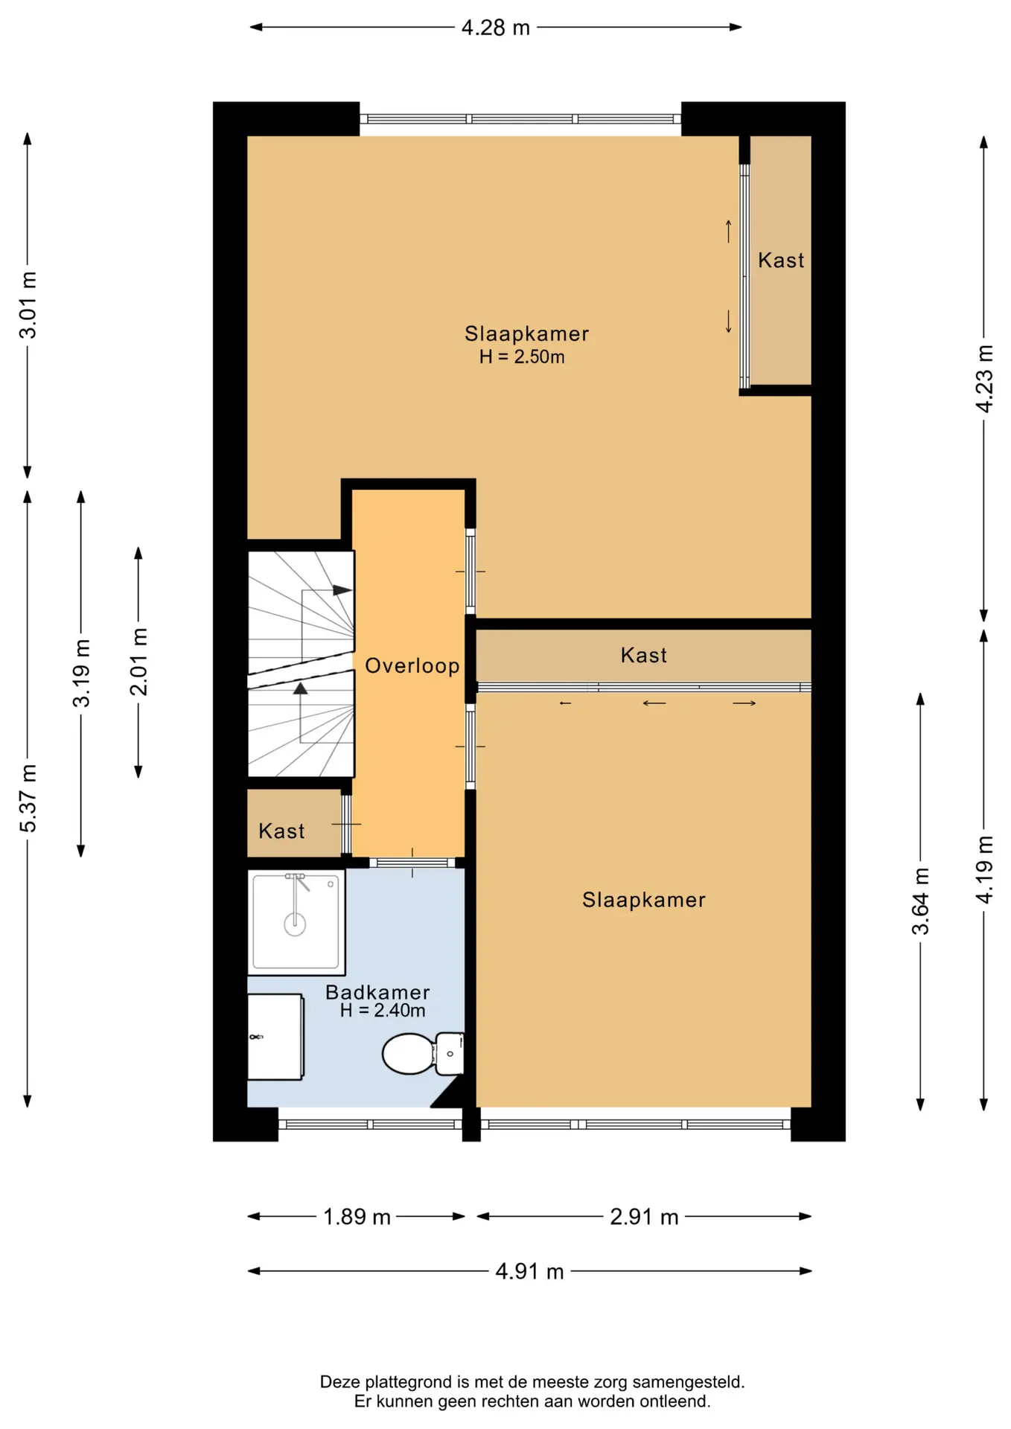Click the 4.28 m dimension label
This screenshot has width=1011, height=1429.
(x=495, y=28)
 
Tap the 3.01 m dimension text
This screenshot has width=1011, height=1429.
(x=28, y=304)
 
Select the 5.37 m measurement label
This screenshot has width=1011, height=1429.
(x=28, y=798)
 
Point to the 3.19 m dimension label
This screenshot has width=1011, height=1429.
(x=81, y=673)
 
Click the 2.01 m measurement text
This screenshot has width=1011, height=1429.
(x=138, y=662)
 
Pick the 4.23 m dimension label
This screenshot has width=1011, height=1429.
(x=984, y=378)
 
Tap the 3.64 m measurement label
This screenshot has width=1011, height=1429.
(x=921, y=901)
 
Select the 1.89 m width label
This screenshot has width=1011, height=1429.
(x=357, y=1217)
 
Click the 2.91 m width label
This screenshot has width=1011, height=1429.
(x=644, y=1217)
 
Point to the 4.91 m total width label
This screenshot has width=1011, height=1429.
(x=529, y=1271)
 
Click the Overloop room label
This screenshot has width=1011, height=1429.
(x=412, y=665)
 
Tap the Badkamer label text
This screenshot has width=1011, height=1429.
(x=377, y=992)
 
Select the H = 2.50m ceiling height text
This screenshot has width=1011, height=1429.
(x=522, y=357)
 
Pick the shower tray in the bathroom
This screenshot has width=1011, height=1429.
(x=296, y=922)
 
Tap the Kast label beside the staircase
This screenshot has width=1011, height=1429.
(x=281, y=831)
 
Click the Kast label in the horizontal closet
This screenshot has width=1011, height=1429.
(x=644, y=655)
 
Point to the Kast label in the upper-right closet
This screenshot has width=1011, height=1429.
(x=781, y=260)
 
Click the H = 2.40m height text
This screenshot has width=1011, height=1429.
(x=383, y=1011)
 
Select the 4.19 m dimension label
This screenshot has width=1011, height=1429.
(x=984, y=870)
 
